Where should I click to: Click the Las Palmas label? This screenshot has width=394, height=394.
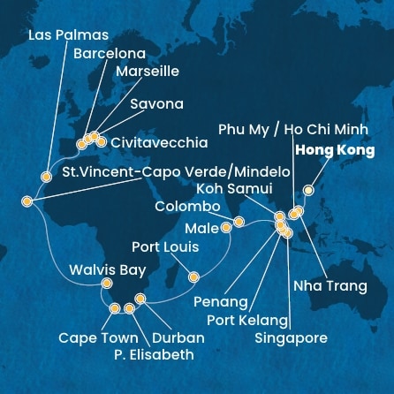pos(69,35)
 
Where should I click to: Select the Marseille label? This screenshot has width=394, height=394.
pos(147,72)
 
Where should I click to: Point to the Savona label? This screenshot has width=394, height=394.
pos(156,104)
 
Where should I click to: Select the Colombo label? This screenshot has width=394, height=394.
pos(187,206)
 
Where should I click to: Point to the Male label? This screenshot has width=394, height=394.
pos(201,229)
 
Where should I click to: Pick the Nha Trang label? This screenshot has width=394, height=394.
pos(330,285)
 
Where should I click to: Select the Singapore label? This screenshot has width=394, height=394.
pos(291,337)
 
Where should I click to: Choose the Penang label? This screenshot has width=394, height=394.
pos(220,302)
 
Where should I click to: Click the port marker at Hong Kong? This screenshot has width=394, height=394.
pos(307,189)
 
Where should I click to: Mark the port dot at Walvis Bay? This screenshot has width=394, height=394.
pos(107,284)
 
